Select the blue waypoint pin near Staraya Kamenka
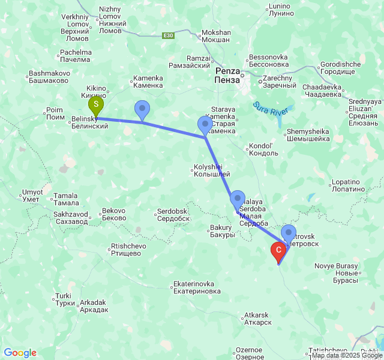[x=205, y=125]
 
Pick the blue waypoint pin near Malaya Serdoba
[x=238, y=198]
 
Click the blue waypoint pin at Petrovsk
[x=289, y=232]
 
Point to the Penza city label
[x=228, y=75]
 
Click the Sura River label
[x=271, y=107]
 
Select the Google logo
[x=20, y=353]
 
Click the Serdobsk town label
[x=172, y=215]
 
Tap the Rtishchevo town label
[x=128, y=250]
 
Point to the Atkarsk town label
[x=257, y=319]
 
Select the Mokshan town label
[x=216, y=36]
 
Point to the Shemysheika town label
[x=308, y=135]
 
